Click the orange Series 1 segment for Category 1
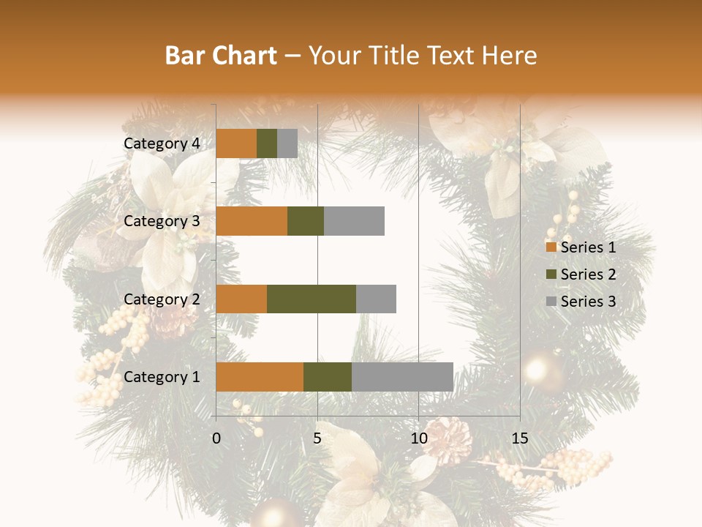tap(260, 377)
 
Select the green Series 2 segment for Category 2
tap(312, 299)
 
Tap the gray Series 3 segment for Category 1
tap(402, 377)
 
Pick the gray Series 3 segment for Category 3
tap(354, 221)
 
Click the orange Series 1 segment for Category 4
tap(236, 143)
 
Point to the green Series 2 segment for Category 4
tap(267, 143)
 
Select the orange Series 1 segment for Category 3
tap(252, 221)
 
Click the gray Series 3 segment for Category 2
tap(376, 299)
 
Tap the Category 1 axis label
tap(162, 377)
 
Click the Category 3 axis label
tap(162, 221)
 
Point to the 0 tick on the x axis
tap(216, 439)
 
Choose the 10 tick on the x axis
tap(418, 439)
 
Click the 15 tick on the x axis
tap(519, 439)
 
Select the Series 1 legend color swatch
tap(551, 247)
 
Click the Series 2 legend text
tap(588, 274)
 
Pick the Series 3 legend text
tap(588, 302)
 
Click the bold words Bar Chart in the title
tap(221, 56)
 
